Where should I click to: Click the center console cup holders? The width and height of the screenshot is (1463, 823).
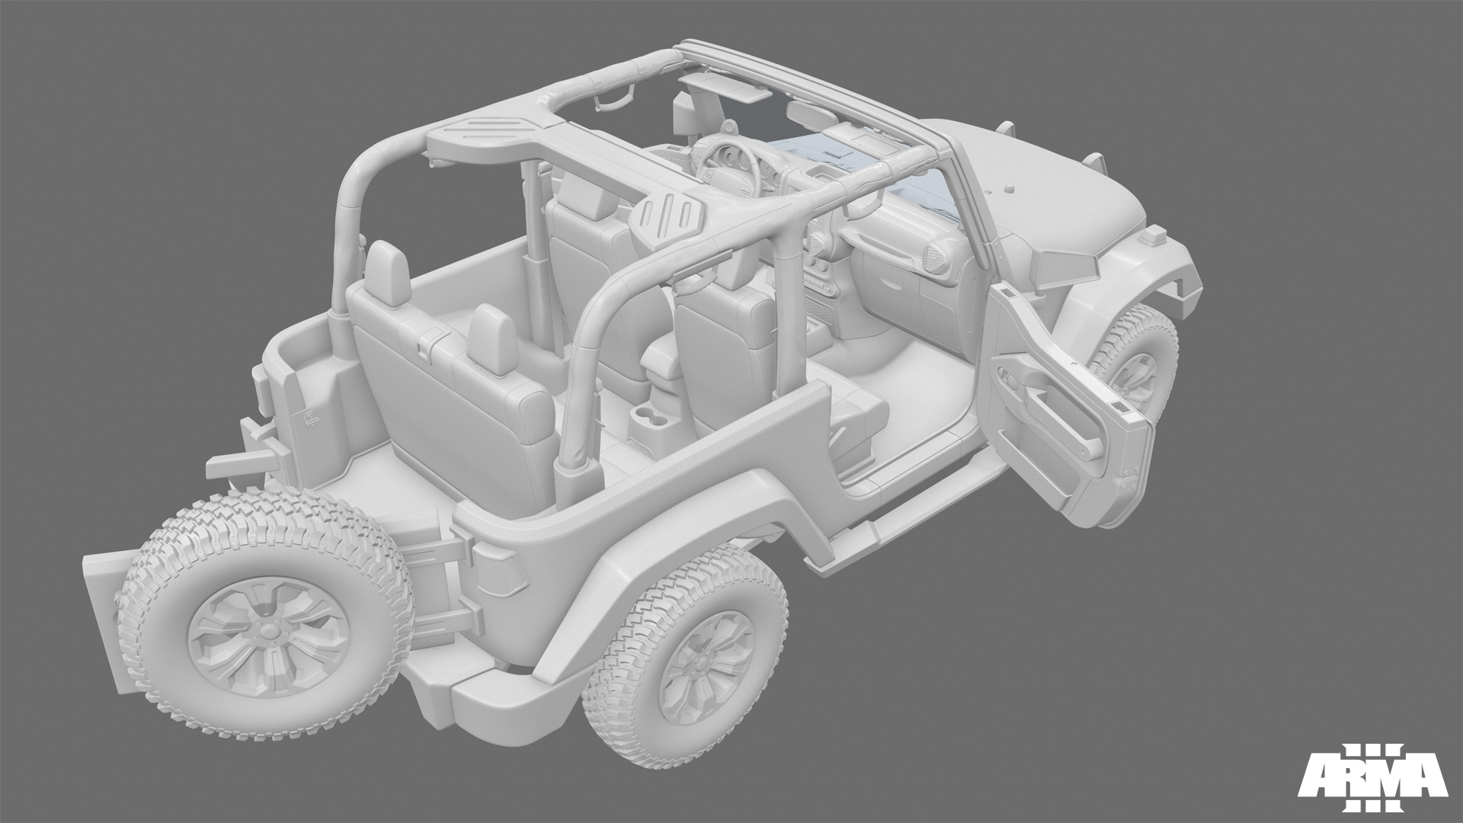click(651, 419)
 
